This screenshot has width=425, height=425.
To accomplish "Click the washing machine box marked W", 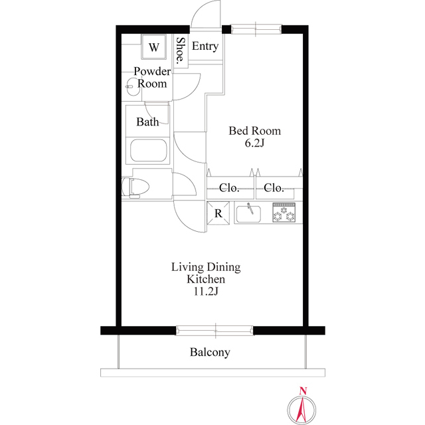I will pyautogui.click(x=154, y=47).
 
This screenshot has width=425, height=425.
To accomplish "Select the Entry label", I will pyautogui.click(x=205, y=46).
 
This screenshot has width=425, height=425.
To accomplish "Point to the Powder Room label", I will pyautogui.click(x=152, y=77).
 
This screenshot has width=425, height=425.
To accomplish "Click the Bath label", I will pyautogui.click(x=147, y=122).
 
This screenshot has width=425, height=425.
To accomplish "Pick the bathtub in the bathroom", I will pyautogui.click(x=150, y=151).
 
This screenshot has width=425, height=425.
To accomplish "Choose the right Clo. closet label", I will pyautogui.click(x=274, y=188).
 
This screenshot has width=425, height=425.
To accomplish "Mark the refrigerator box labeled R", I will pyautogui.click(x=218, y=213).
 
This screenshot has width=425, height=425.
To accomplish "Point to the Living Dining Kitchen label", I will pyautogui.click(x=206, y=274).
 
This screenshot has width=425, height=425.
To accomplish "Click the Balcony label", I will pyautogui.click(x=210, y=353).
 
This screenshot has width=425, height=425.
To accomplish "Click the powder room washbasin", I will pyautogui.click(x=131, y=84).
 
